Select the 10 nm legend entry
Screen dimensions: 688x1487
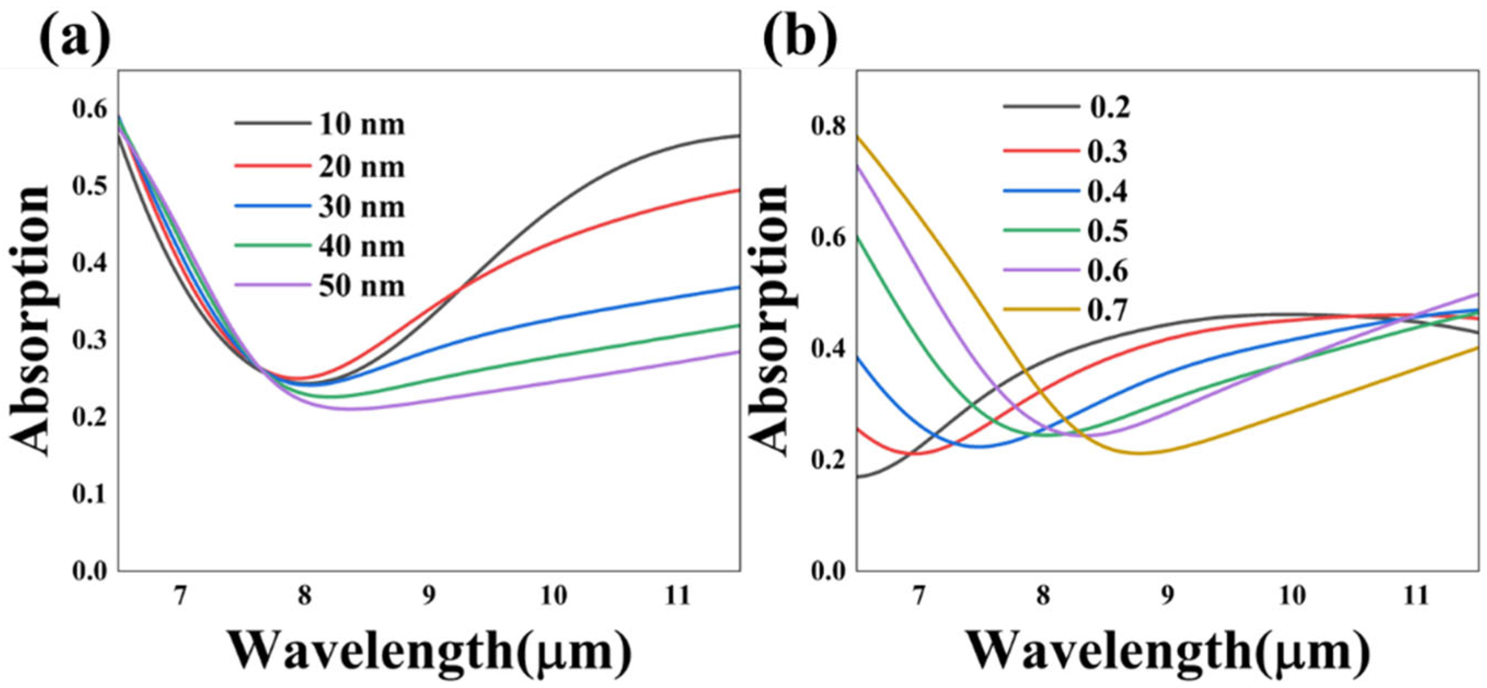361,125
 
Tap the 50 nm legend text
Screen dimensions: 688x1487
361,286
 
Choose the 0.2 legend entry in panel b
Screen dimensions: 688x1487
1109,107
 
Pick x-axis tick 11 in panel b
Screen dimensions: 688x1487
1416,595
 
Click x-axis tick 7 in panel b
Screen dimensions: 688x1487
918,595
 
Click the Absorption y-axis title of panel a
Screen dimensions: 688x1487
32,320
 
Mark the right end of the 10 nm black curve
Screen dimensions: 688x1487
739,136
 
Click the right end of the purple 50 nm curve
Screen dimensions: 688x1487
739,351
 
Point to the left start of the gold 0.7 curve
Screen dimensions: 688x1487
858,137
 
